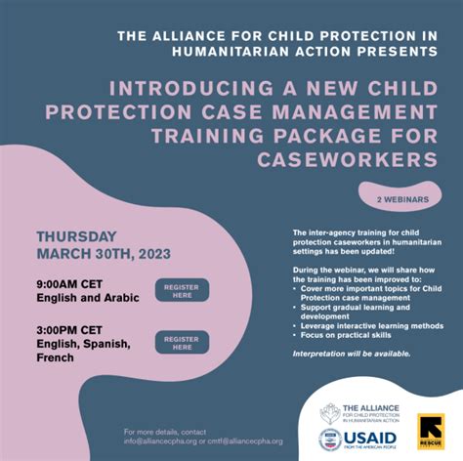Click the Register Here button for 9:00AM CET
coord(182,290)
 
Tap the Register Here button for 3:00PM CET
coord(182,342)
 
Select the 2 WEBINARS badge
coord(401,199)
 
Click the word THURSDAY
coord(76,236)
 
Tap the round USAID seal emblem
coord(330,439)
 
